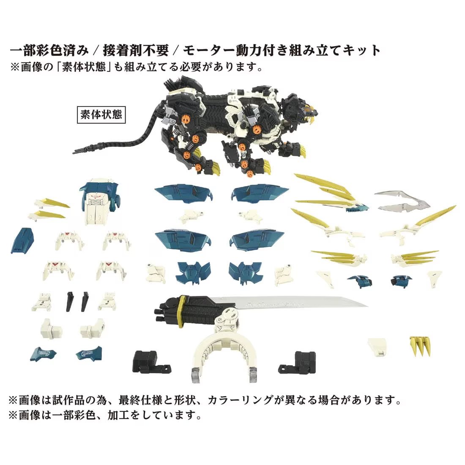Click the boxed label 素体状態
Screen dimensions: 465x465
(101, 114)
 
